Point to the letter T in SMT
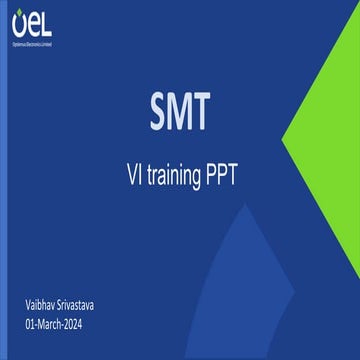202,106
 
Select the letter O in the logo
21,25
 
